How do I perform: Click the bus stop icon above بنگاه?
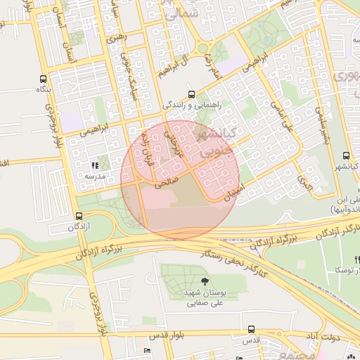point(44,79)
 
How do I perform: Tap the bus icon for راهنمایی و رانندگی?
point(191,94)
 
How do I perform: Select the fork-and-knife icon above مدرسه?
point(95,166)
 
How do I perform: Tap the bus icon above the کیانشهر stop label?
point(345,156)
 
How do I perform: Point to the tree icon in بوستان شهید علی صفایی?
point(205,281)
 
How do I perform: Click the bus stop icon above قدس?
point(251,329)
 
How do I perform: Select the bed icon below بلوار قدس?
point(147,351)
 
